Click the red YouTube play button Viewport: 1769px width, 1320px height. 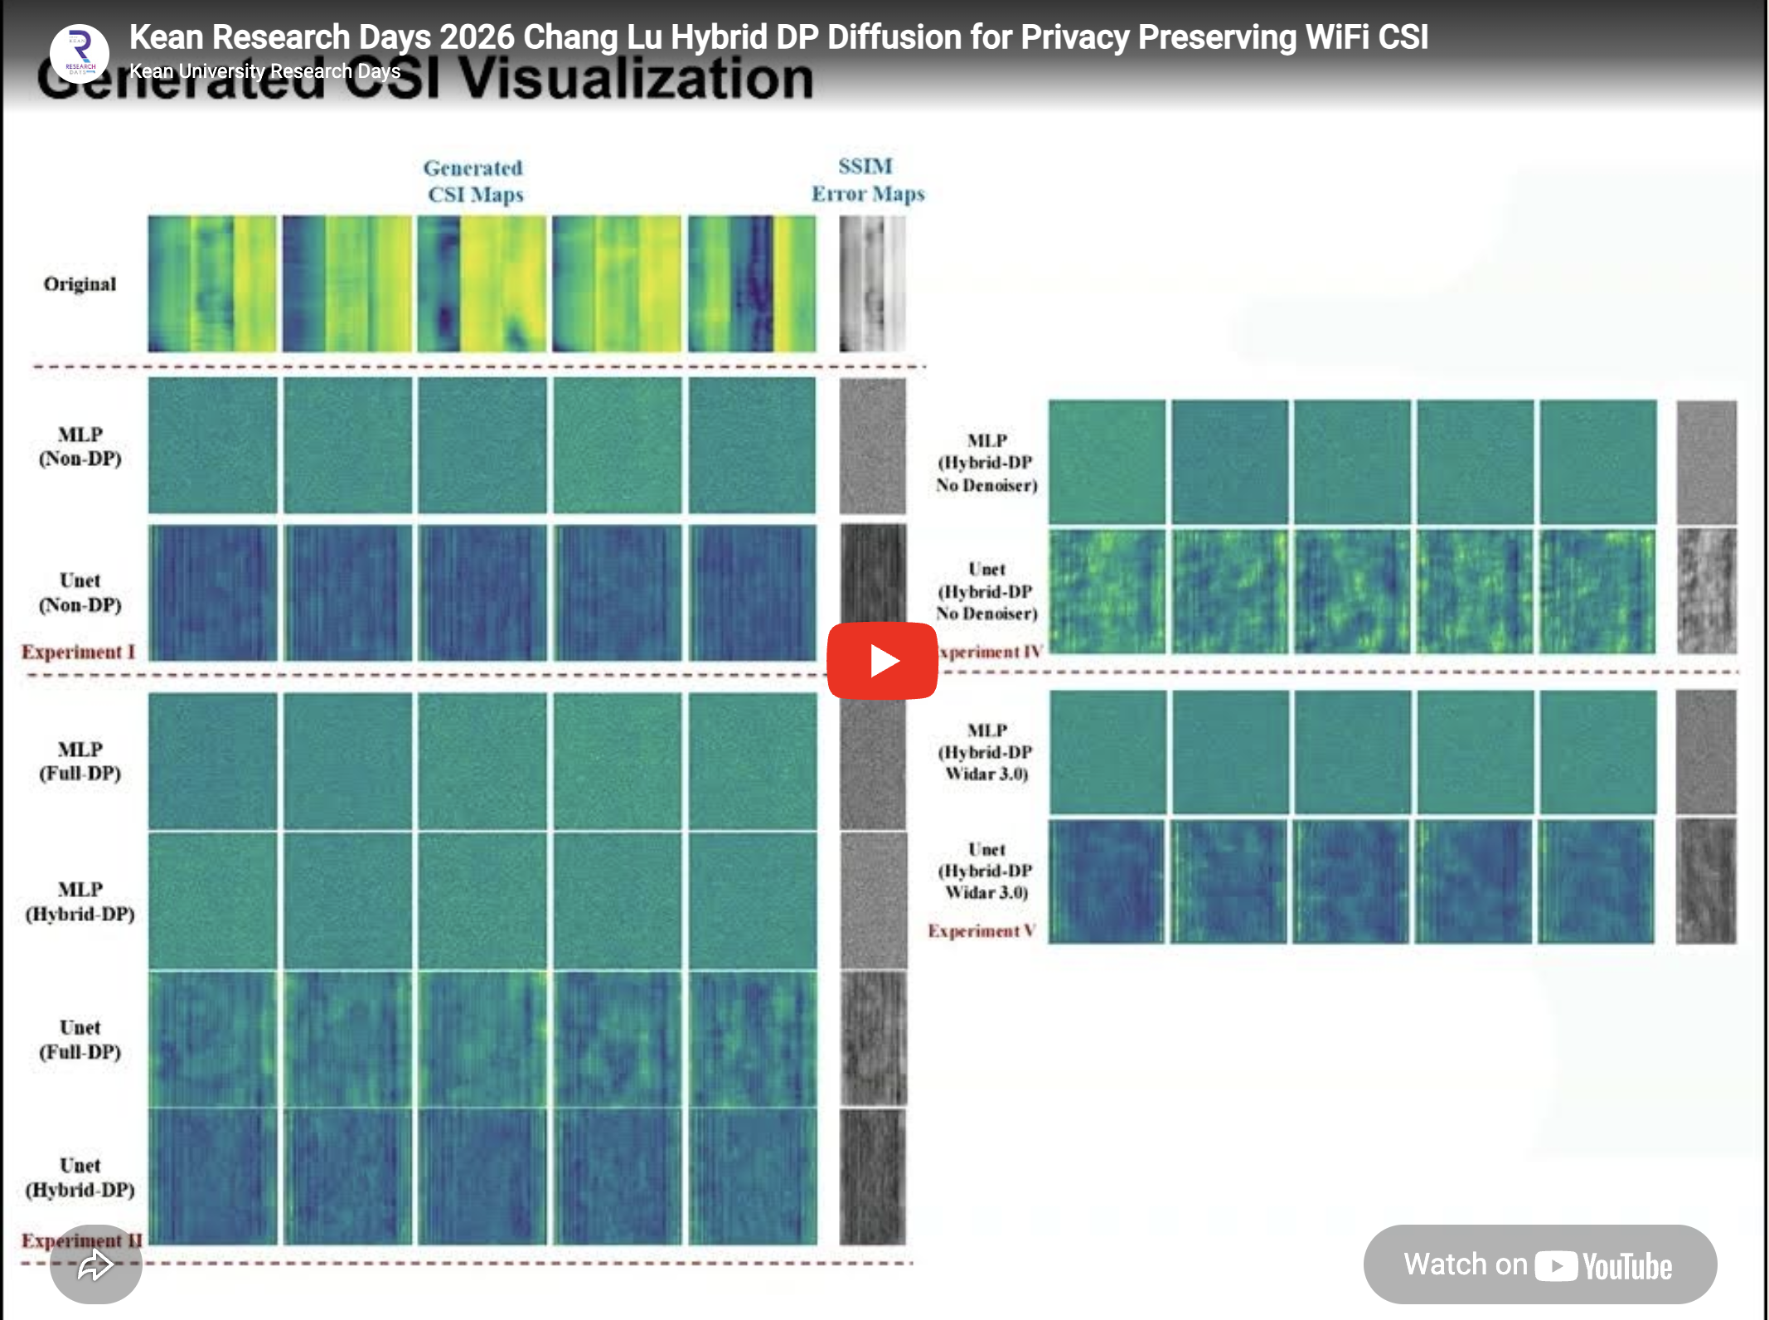point(882,661)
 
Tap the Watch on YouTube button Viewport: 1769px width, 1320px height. point(1539,1264)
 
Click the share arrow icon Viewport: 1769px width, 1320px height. point(95,1265)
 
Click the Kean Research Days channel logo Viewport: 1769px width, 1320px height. point(80,55)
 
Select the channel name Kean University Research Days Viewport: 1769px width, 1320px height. point(265,71)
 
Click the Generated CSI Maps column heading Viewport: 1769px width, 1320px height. point(474,181)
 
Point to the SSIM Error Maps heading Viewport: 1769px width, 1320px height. point(867,180)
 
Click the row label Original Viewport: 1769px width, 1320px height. point(80,284)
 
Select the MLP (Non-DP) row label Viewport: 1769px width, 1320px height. point(80,446)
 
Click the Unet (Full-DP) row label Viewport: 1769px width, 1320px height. point(80,1040)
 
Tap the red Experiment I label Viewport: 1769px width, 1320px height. point(78,652)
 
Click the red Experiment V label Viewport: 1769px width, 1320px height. point(981,931)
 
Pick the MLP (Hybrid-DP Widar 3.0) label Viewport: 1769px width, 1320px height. point(986,752)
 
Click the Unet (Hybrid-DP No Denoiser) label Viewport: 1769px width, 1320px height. point(986,591)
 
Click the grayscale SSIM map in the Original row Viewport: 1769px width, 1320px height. point(872,284)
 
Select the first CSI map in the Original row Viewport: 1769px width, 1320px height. point(212,284)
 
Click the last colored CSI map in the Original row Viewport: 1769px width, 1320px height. point(751,284)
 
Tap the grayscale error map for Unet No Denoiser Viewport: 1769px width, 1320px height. point(1706,591)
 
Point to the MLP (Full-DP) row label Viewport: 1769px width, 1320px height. point(80,761)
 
